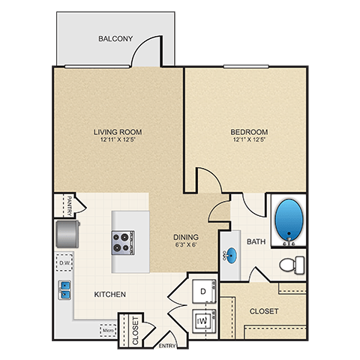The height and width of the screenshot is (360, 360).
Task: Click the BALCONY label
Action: [115, 38]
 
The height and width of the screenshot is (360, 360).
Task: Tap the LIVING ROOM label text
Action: [118, 132]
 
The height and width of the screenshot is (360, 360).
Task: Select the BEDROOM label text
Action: [249, 132]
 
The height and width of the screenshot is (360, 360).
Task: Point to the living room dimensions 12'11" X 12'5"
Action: [118, 140]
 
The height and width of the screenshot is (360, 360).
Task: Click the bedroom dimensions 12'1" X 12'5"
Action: [249, 140]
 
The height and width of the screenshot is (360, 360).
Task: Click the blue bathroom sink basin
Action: [232, 253]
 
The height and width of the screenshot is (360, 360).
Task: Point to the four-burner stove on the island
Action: [123, 241]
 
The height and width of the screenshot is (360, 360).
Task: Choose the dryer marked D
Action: [203, 289]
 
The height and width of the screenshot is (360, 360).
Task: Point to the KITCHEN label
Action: [110, 294]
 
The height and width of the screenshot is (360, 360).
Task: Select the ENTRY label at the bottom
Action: [168, 346]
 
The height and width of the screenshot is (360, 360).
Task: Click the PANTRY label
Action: [69, 204]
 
